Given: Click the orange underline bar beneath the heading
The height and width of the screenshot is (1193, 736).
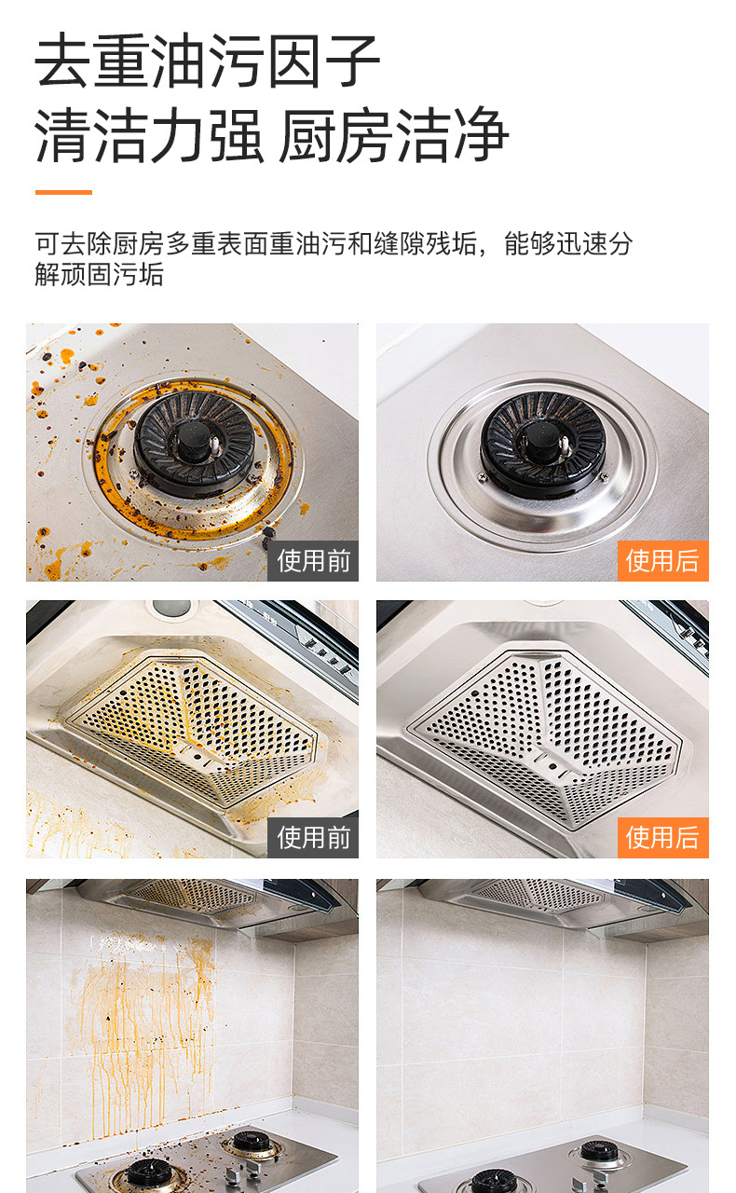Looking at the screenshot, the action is (x=63, y=192).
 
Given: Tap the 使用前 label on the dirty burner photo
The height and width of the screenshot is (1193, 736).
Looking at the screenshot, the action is (x=313, y=561).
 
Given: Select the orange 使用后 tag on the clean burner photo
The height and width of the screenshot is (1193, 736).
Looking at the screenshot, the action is (x=662, y=561).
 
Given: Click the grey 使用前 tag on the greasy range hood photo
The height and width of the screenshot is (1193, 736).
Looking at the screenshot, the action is (x=313, y=837).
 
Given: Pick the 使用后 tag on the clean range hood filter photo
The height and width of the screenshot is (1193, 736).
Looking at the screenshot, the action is (x=662, y=837).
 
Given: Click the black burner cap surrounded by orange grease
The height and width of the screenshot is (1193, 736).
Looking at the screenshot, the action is (x=195, y=443).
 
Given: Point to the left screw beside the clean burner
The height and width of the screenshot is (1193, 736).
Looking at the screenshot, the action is (x=483, y=476).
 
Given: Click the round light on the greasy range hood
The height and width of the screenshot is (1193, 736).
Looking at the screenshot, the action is (x=169, y=608).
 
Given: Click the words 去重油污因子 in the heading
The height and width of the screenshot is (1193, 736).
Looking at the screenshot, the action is (x=208, y=61).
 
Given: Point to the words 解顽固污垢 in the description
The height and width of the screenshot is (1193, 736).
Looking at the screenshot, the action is (x=100, y=275).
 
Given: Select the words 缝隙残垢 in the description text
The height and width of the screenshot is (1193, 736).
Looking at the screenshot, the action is (x=425, y=244).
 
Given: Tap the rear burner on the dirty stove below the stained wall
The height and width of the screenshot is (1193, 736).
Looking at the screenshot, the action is (x=252, y=1143).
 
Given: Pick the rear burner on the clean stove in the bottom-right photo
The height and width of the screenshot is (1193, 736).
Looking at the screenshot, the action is (x=599, y=1150).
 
